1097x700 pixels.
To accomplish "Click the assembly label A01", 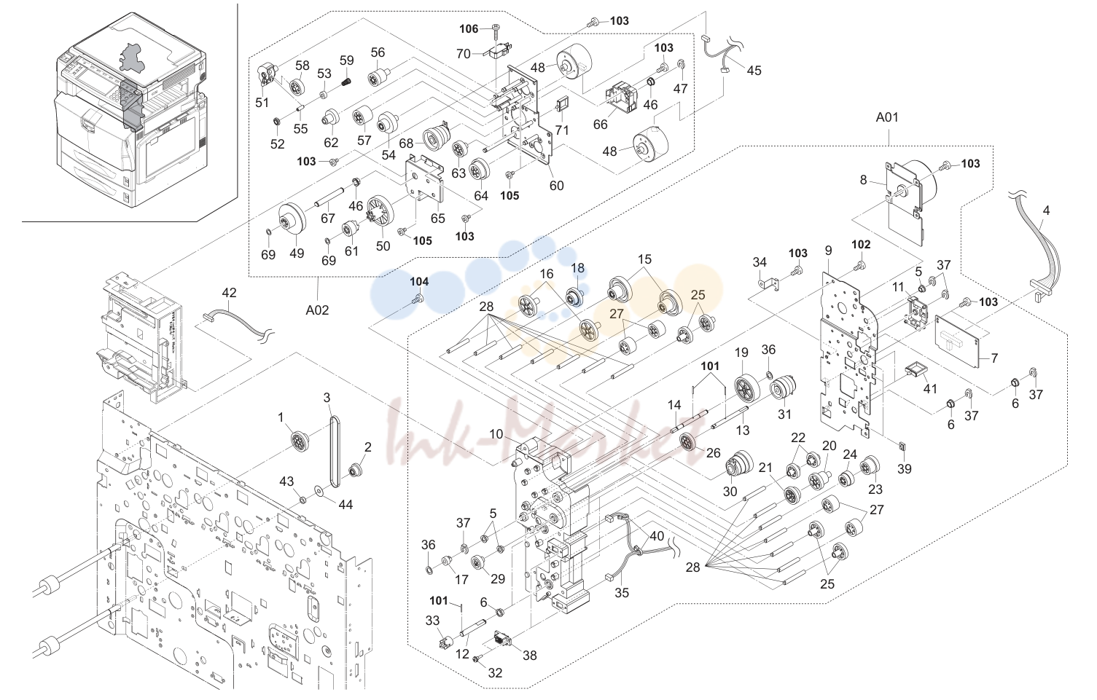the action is click(x=887, y=117).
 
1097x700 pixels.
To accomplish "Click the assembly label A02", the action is click(x=317, y=310).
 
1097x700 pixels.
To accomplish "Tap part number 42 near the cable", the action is click(x=229, y=293).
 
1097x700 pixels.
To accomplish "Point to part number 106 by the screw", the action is click(x=469, y=29).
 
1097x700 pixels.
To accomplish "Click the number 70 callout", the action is click(x=464, y=53).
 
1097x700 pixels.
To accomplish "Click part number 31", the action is click(x=784, y=414).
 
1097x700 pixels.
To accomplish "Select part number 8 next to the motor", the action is click(x=864, y=180).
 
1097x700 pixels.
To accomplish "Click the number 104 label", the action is click(x=419, y=281).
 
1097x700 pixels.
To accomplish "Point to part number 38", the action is click(x=530, y=655).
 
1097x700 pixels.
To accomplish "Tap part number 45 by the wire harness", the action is click(x=754, y=71).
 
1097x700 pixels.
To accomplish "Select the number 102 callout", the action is click(x=861, y=244).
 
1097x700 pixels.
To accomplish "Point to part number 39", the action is click(x=905, y=468).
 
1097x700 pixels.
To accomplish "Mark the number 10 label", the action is click(x=496, y=434).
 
